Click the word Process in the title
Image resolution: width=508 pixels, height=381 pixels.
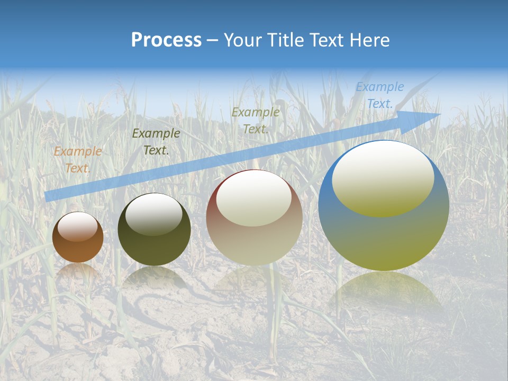[x=166, y=40]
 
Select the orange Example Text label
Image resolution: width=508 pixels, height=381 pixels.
[x=77, y=160]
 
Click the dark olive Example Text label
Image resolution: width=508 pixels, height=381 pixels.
[x=156, y=142]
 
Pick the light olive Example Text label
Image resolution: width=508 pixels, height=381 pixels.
[x=256, y=121]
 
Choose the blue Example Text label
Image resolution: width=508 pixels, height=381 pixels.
[x=379, y=95]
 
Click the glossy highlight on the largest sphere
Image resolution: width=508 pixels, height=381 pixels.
[x=383, y=177]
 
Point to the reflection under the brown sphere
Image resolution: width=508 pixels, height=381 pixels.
[x=78, y=273]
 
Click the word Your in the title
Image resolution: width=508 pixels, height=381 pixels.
[x=242, y=40]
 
